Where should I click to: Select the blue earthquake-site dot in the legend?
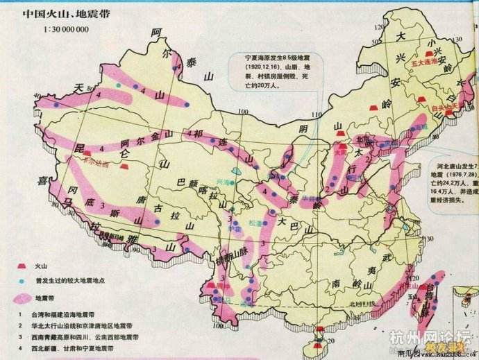coord(19,280)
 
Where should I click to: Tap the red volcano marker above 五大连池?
coord(428,53)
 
